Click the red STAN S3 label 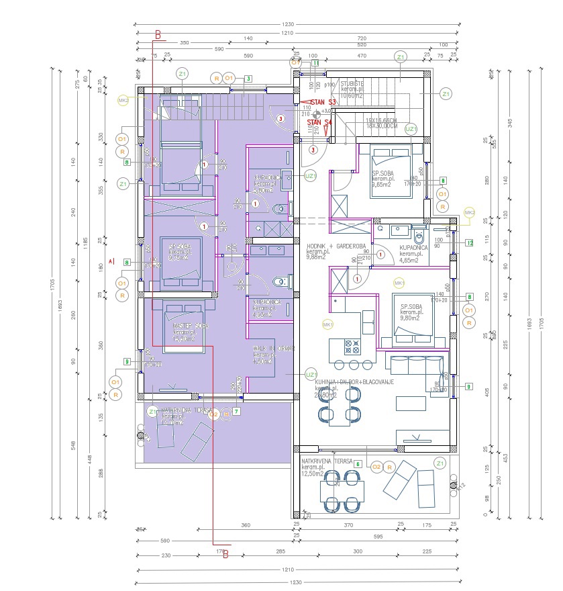pos(323,102)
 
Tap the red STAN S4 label pos(319,123)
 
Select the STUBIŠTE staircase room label pos(352,85)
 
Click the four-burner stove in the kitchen pos(352,347)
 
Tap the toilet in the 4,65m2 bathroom pos(419,236)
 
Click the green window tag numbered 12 pos(470,242)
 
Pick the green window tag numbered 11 pos(315,62)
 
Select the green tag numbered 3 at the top pos(248,79)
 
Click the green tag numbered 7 pos(236,411)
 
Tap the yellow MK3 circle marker pos(469,214)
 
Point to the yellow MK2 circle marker pos(123,101)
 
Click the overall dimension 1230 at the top pos(288,24)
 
